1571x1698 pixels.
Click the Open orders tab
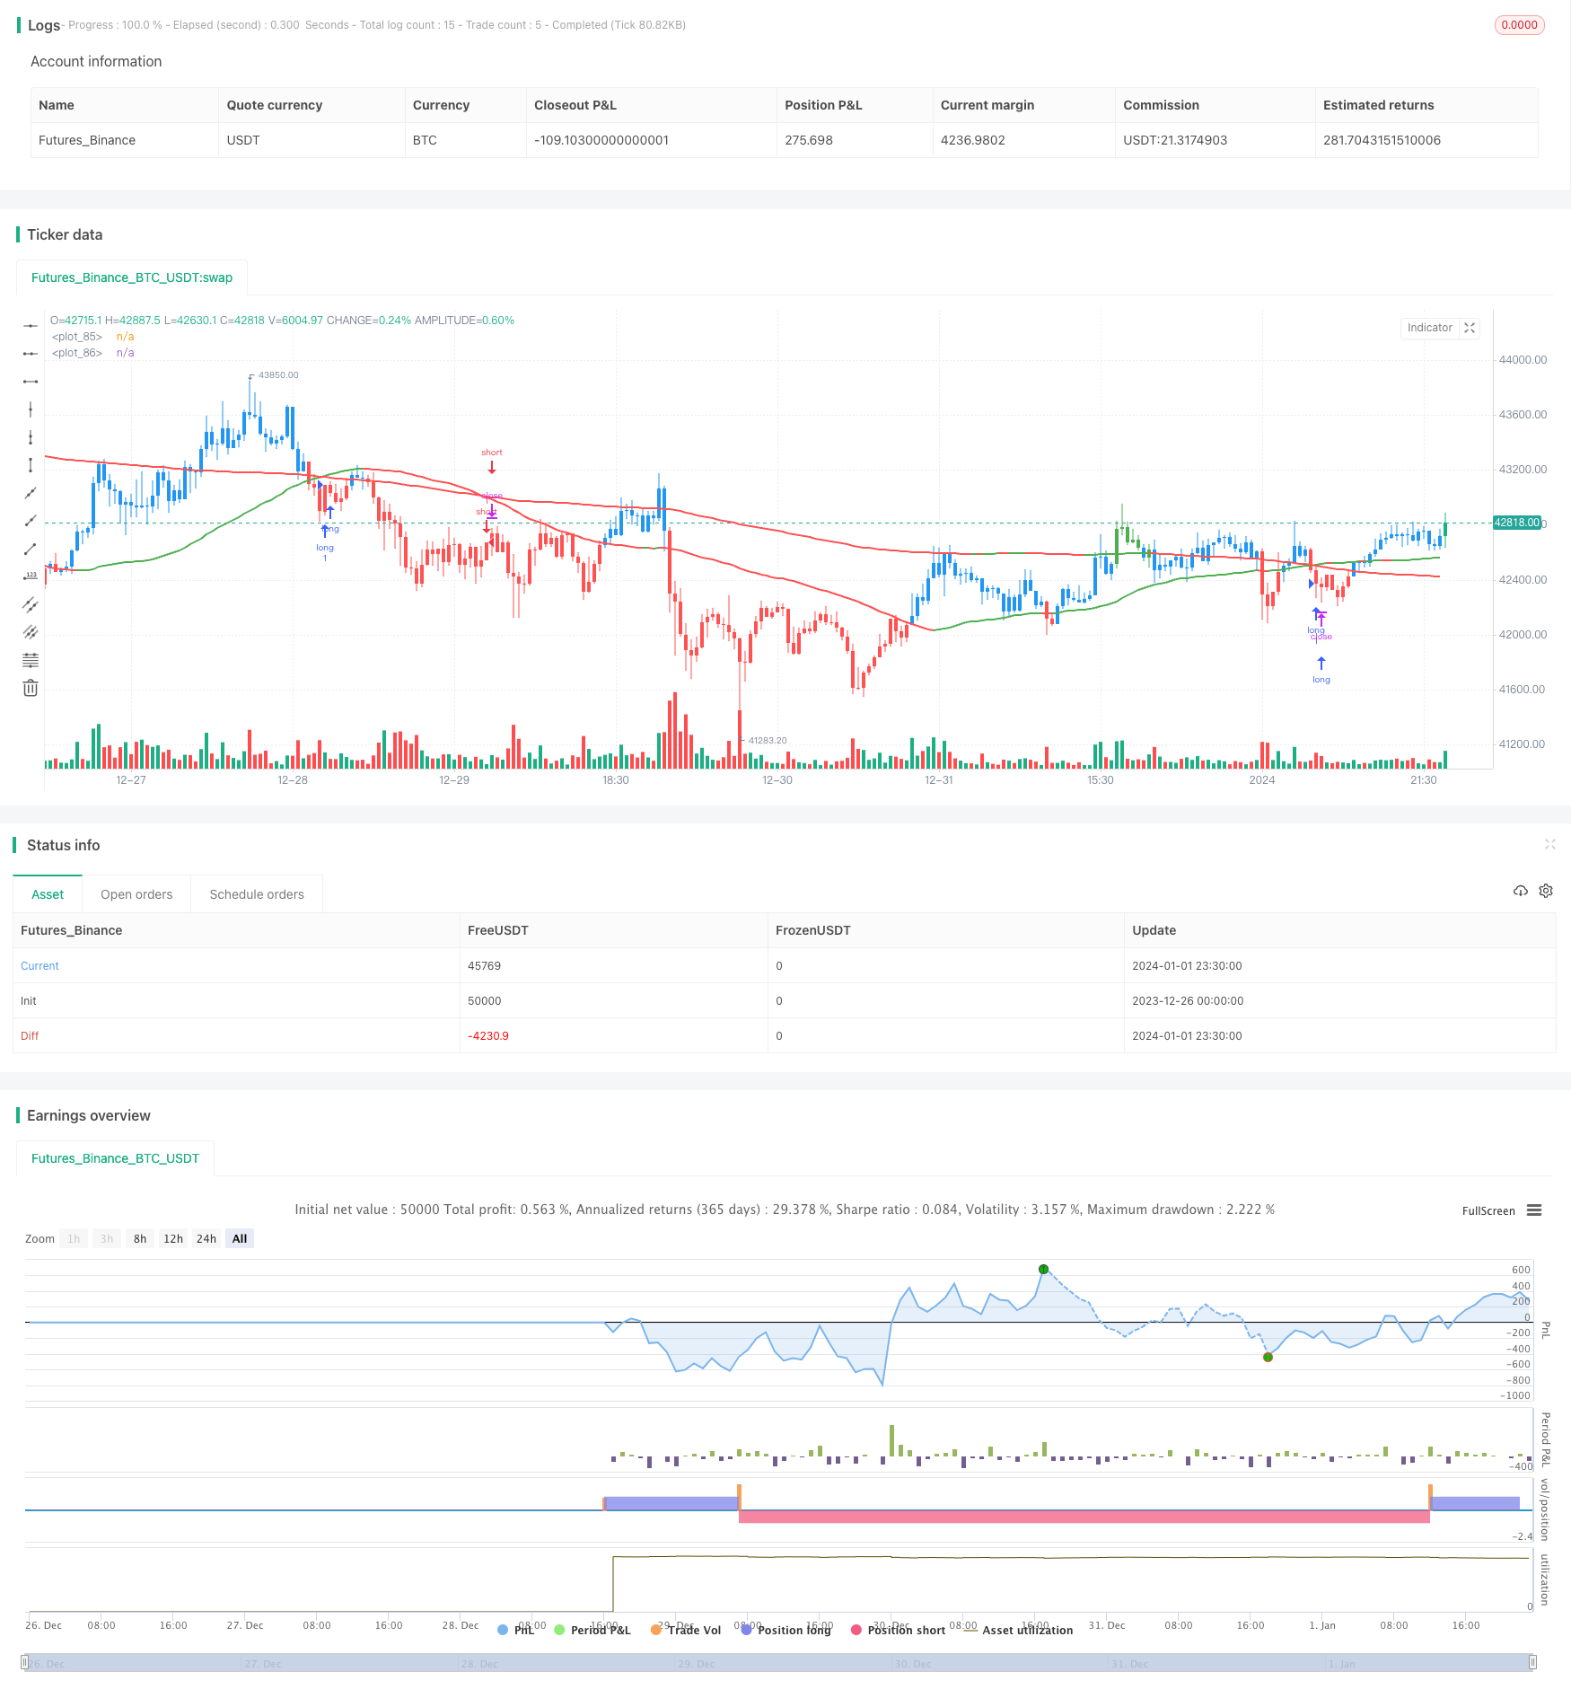[136, 894]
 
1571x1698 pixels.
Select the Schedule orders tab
[257, 894]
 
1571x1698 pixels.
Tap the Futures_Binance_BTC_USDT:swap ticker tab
[132, 277]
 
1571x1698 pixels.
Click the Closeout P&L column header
[575, 105]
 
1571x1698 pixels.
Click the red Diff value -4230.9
[488, 1036]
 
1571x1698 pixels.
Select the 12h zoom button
[173, 1239]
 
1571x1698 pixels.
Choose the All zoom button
[240, 1239]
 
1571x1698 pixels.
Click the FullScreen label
[1488, 1211]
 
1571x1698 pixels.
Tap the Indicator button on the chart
[1429, 328]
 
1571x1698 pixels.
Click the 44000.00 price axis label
[1523, 360]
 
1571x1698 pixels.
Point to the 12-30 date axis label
[777, 780]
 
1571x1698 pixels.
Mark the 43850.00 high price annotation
[277, 375]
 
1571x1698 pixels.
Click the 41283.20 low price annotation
[768, 741]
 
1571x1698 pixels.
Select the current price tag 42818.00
[1516, 523]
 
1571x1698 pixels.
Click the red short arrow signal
[492, 467]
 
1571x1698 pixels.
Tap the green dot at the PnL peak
[1043, 1269]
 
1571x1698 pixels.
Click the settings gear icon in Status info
[1546, 891]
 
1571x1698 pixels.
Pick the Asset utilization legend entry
[1027, 1630]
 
